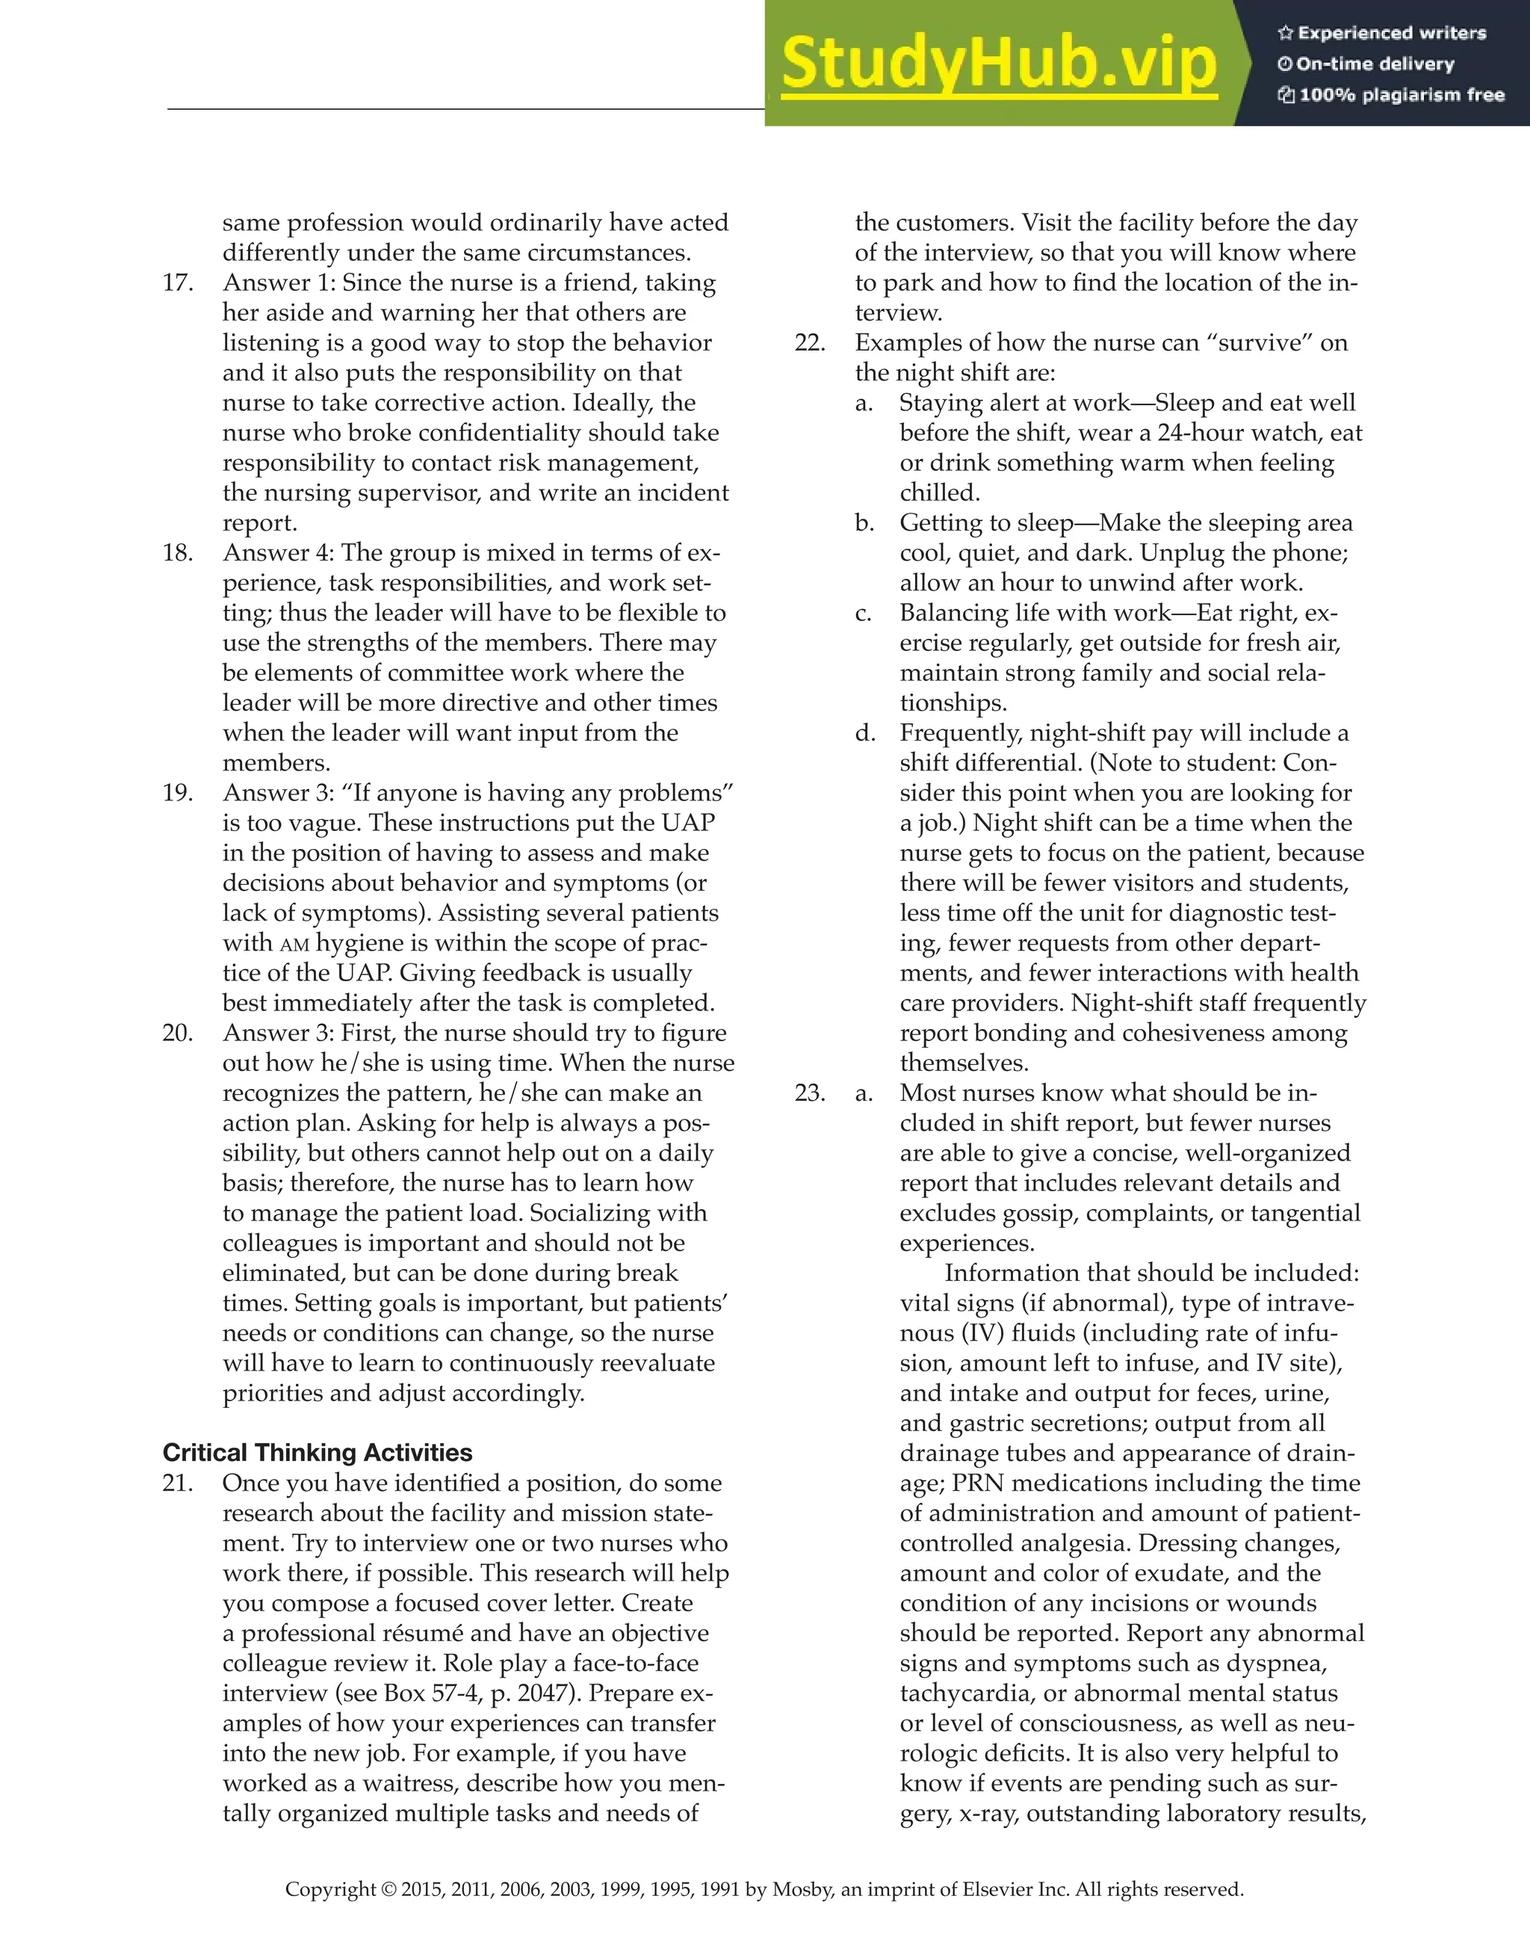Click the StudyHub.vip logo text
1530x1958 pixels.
999,64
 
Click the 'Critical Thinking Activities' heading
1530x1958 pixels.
318,1451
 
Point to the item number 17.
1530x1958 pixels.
178,282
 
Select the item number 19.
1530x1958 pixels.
178,792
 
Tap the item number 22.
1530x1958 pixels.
811,342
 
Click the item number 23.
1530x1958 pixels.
811,1093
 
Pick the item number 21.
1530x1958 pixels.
178,1483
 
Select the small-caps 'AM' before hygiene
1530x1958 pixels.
294,944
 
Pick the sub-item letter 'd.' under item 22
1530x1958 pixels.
864,733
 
